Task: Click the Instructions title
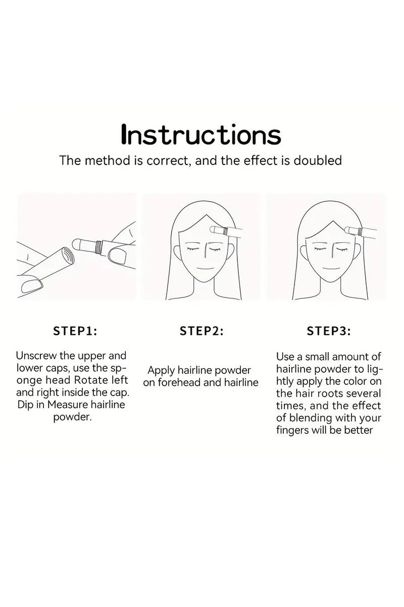pyautogui.click(x=201, y=135)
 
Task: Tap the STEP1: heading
pyautogui.click(x=75, y=331)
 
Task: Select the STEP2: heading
pyautogui.click(x=201, y=331)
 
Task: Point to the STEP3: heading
pyautogui.click(x=329, y=331)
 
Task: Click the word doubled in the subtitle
pyautogui.click(x=318, y=160)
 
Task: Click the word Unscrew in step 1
pyautogui.click(x=36, y=356)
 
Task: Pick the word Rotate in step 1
pyautogui.click(x=91, y=380)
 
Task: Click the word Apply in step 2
pyautogui.click(x=161, y=371)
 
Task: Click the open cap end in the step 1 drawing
pyautogui.click(x=67, y=255)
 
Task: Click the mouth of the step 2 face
pyautogui.click(x=206, y=269)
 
